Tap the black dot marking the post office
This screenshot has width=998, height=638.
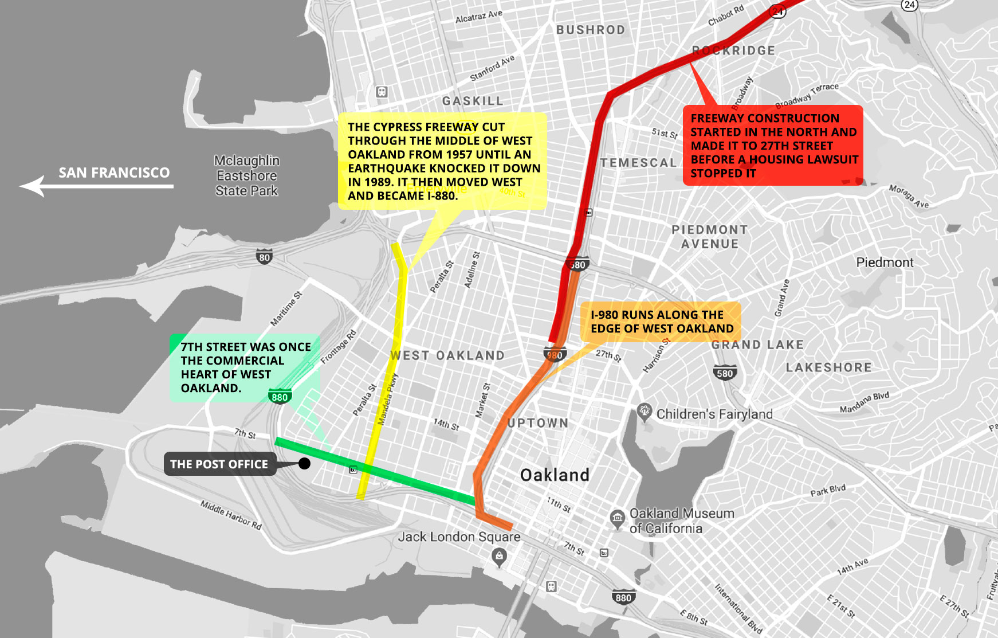(305, 463)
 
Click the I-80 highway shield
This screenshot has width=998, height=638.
(264, 257)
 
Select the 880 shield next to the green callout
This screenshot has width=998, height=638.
(280, 397)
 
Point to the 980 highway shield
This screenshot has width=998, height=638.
(555, 354)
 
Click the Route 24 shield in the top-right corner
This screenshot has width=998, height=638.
(909, 5)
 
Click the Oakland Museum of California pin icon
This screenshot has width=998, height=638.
(617, 519)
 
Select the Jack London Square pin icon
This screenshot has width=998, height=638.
(499, 556)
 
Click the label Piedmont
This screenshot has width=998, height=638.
(885, 263)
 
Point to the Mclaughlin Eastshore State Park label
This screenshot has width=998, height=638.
(247, 175)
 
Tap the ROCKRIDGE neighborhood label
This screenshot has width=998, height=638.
(733, 50)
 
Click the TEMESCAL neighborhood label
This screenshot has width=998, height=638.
(638, 163)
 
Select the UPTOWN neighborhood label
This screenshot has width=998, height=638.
(538, 423)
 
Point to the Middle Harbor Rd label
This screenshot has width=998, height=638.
(231, 514)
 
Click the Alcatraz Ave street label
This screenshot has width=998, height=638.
(478, 16)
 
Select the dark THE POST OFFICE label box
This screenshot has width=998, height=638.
(219, 464)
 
